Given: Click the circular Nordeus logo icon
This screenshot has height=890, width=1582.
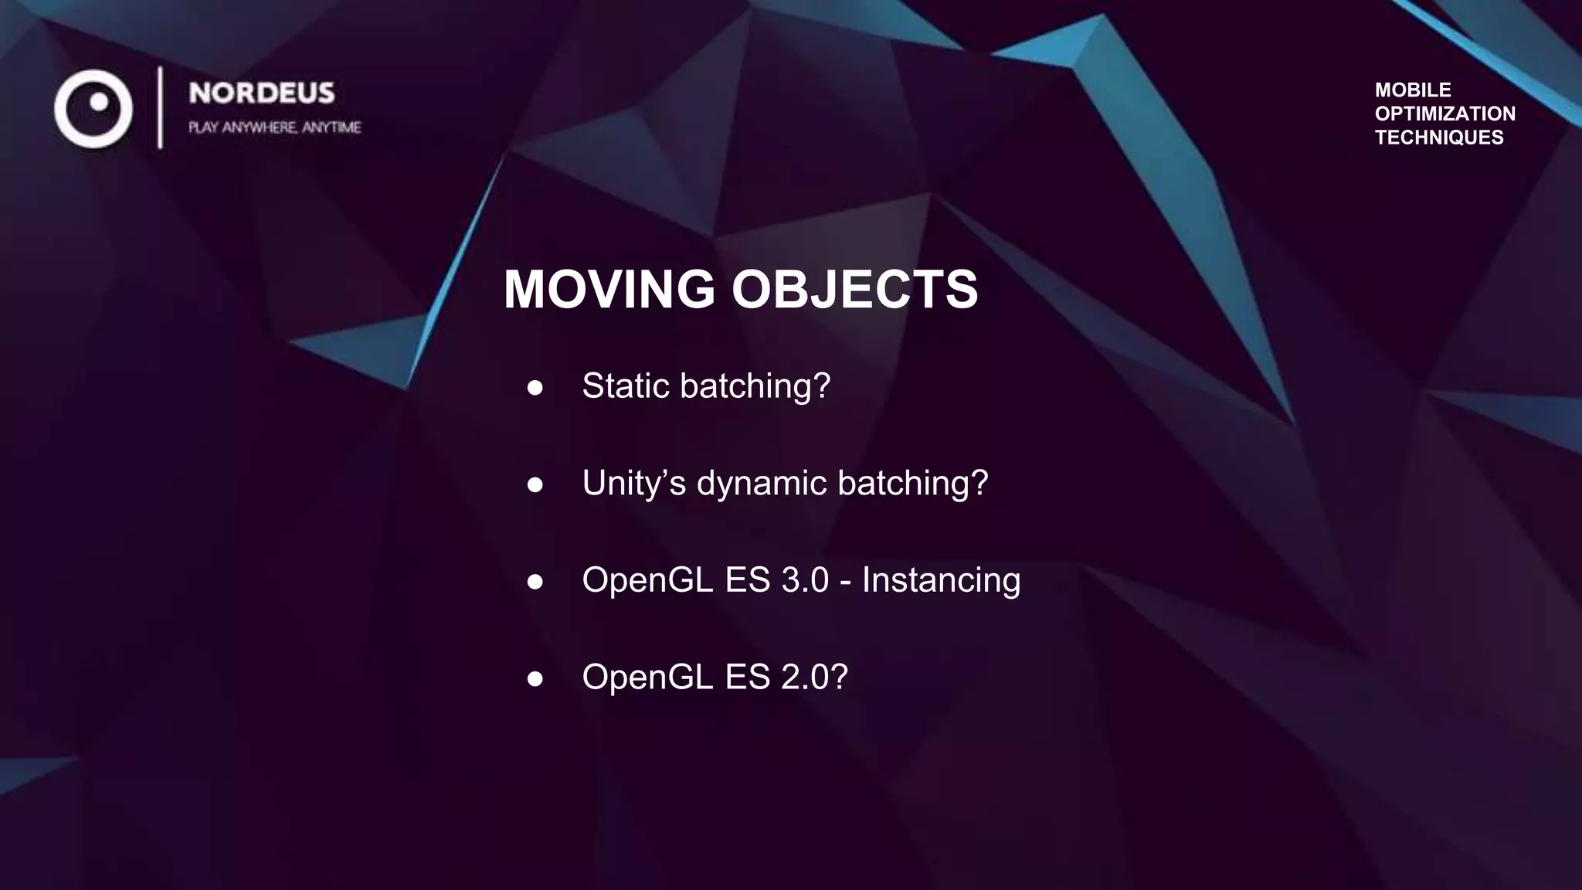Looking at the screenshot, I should coord(93,109).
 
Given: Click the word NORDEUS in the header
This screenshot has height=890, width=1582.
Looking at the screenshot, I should coord(262,93).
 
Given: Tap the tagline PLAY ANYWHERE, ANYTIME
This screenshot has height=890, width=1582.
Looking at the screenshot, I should coord(274,127).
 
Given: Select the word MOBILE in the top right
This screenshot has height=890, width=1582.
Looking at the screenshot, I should coord(1413,90).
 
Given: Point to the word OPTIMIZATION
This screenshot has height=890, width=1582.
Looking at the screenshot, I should coord(1445,114).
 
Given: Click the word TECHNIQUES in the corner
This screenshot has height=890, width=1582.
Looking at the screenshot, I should coord(1439,138).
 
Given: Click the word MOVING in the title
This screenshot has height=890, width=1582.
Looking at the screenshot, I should coord(609,290).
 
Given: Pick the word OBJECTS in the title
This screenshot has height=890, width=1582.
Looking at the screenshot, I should coord(854,290).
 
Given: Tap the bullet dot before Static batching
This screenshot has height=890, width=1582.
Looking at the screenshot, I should coord(535,388).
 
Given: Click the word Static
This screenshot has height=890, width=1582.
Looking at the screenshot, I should coord(625,386).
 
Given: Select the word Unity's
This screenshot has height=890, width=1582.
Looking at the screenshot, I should coord(633,483).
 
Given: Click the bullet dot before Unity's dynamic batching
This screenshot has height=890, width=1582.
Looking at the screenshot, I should coord(535,485).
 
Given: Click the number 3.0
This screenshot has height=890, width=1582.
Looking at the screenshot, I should coord(805,580).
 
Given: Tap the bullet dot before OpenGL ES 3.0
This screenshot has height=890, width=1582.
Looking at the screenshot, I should coord(535,582).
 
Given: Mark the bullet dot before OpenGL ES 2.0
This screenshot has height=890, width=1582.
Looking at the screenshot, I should coord(535,679).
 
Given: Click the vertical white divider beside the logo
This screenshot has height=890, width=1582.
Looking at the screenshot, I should coord(161,107).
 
